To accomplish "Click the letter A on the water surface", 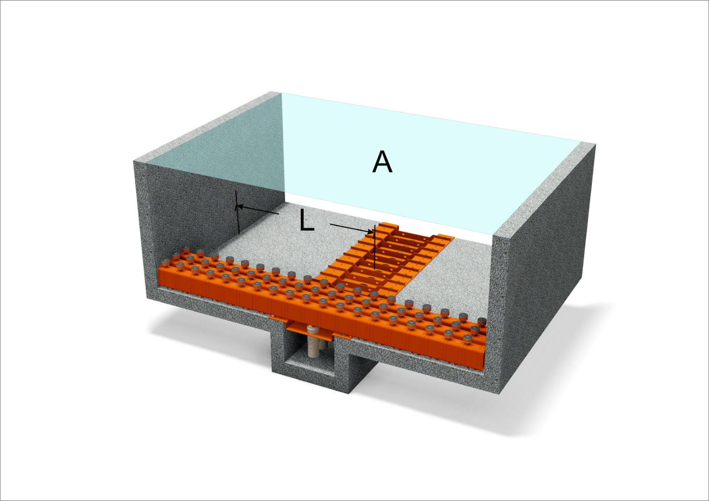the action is [x=382, y=162].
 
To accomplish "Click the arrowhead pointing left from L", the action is [x=240, y=207].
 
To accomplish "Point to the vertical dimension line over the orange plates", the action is [x=374, y=247].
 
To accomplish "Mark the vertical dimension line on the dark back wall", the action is [x=238, y=212].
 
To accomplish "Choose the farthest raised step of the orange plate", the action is [x=390, y=227].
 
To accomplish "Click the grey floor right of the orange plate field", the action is [x=443, y=272].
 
